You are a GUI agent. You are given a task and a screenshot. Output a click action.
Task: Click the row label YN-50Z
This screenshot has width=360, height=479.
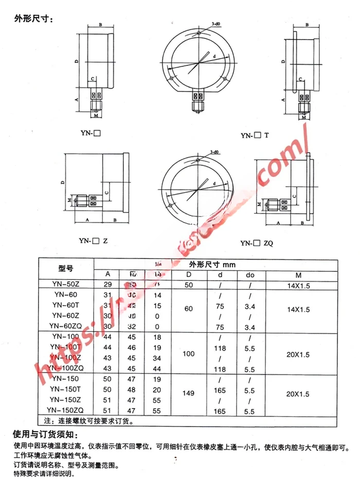tap(66, 284)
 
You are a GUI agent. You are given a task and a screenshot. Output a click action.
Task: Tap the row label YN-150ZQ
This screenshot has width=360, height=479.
tap(66, 410)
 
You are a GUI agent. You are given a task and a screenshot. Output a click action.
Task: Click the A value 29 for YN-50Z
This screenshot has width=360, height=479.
tap(108, 284)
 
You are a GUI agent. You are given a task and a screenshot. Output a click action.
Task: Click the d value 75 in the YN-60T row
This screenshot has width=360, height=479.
tap(220, 304)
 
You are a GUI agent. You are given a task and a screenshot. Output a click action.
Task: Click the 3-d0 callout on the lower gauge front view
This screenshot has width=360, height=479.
tap(215, 152)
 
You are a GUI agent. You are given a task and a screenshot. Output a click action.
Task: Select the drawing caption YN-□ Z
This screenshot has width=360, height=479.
tap(93, 240)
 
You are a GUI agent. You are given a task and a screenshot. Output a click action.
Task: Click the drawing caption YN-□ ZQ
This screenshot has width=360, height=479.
tap(257, 243)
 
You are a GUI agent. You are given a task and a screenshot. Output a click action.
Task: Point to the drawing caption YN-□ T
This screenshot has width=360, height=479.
tap(255, 136)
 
